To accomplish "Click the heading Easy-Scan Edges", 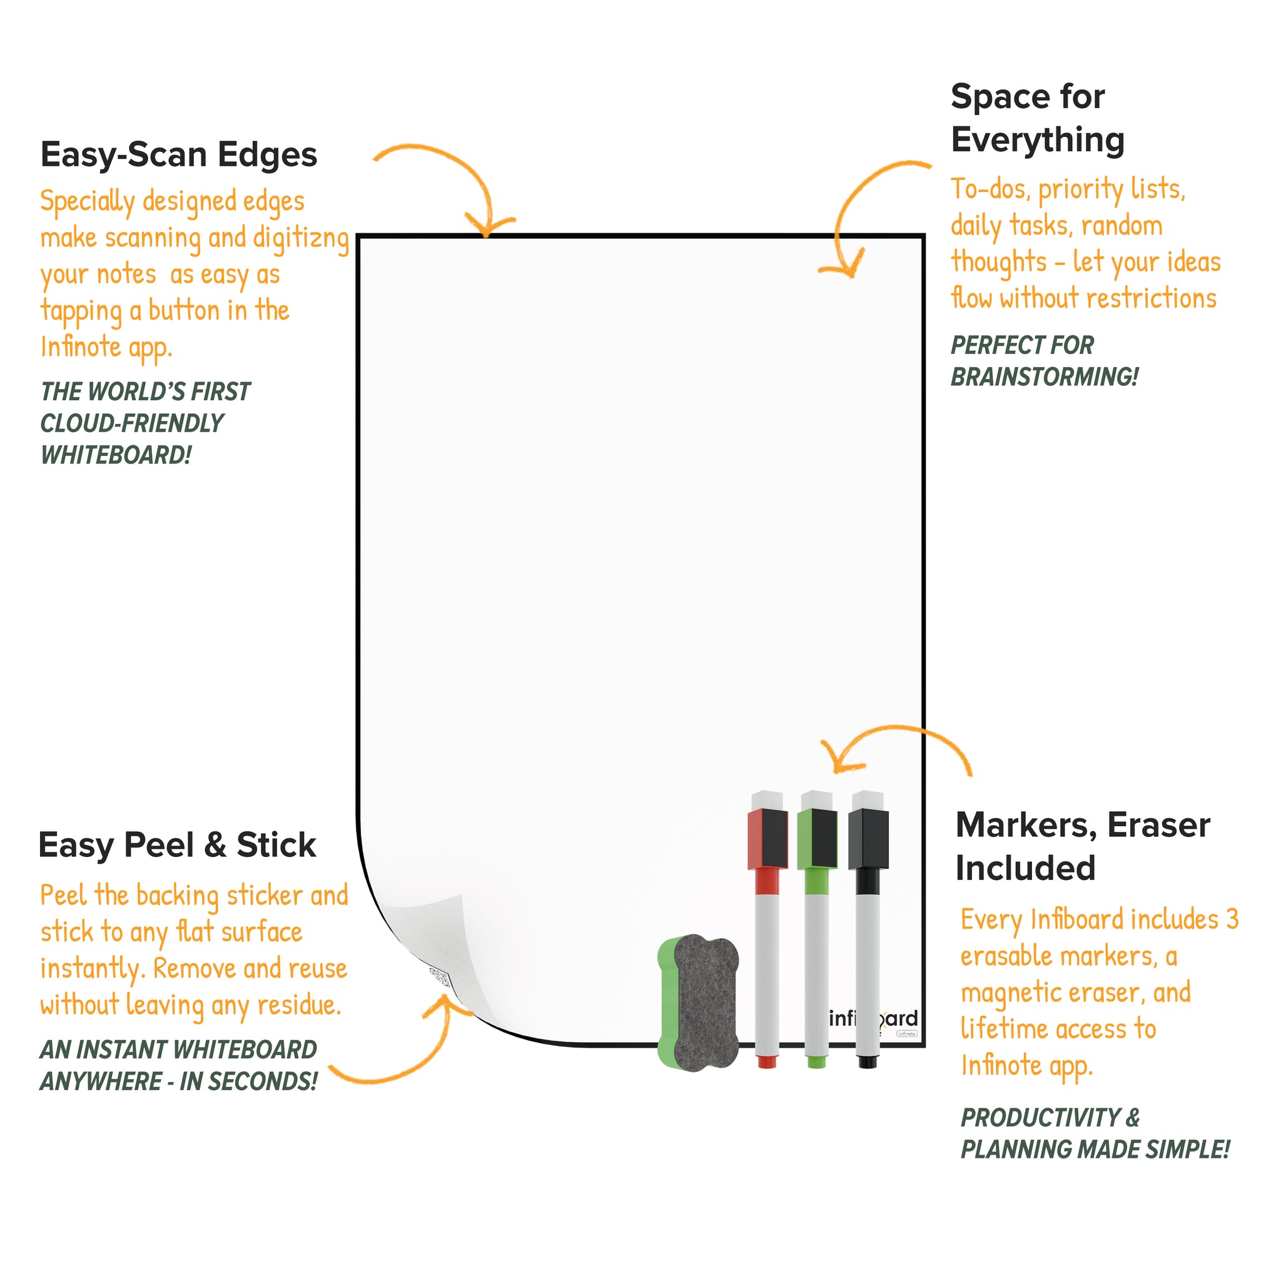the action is [x=179, y=155].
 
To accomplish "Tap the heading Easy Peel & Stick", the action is [x=177, y=846].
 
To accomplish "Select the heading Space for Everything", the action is [x=1038, y=118].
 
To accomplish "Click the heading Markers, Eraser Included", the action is [x=1083, y=846].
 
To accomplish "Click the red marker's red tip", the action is [x=767, y=1061].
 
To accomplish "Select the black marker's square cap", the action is [x=869, y=838].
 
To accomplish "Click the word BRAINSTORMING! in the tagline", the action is [x=1045, y=377].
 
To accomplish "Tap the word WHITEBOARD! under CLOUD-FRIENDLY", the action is [x=116, y=455].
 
